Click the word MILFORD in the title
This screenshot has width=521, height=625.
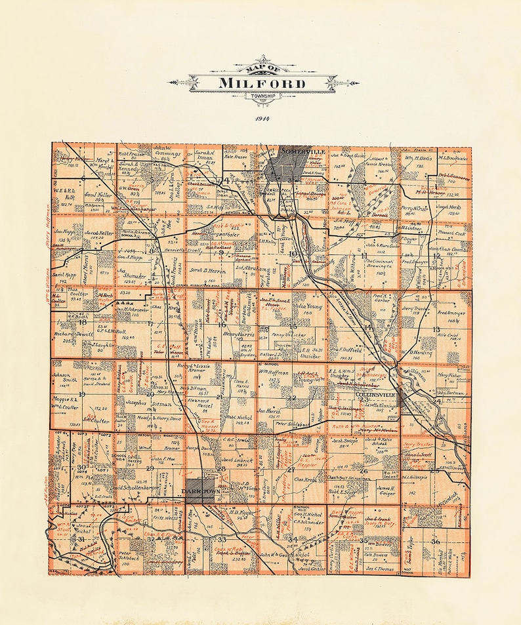(262, 83)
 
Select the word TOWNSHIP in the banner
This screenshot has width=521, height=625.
(262, 97)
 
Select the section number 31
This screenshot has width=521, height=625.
(81, 539)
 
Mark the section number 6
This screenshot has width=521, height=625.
(84, 178)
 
